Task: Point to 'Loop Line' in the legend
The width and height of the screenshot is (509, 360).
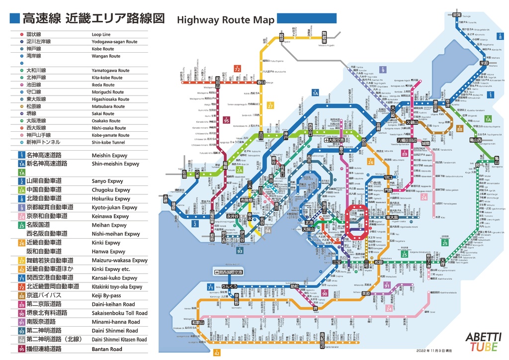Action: tap(101, 35)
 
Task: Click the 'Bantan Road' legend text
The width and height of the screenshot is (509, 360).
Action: tap(106, 349)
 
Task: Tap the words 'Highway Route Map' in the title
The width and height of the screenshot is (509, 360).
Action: tap(225, 20)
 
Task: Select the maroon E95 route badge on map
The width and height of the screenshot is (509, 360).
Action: tap(226, 120)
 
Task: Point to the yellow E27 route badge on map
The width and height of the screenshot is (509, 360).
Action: tap(270, 105)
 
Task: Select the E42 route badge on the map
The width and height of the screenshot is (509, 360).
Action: tap(217, 353)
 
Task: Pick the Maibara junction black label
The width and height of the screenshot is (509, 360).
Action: tap(483, 64)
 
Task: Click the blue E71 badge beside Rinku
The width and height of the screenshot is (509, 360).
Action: tap(210, 287)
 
